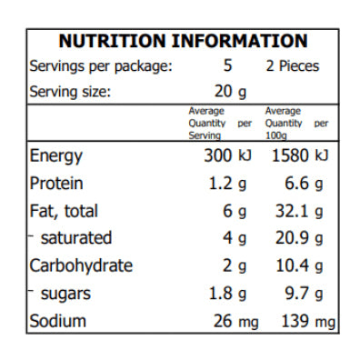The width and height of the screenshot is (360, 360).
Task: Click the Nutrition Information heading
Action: pos(183,41)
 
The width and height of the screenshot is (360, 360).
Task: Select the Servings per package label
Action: pos(101,66)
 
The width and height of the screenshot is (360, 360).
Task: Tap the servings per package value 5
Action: pos(228,66)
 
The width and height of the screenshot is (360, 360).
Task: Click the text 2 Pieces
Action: pos(291,66)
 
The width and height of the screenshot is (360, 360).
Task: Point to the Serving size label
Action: pos(71,92)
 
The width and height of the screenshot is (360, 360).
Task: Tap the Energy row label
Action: pos(56,155)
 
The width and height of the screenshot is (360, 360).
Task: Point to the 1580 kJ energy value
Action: pos(300,155)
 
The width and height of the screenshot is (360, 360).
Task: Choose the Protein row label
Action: pos(57,184)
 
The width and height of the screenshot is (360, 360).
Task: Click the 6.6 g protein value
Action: pos(305,184)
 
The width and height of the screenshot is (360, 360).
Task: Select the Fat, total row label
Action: pos(65,211)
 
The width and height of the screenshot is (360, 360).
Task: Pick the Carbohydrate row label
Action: pos(82,266)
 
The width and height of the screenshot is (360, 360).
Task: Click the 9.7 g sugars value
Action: pos(305,294)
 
